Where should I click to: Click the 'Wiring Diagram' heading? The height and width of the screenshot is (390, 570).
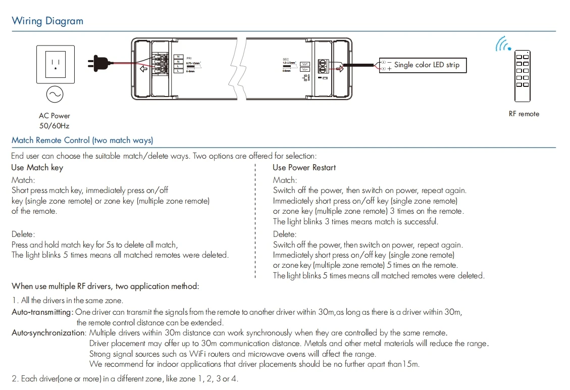click(x=47, y=21)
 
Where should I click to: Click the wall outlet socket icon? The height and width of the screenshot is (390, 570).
click(x=55, y=64)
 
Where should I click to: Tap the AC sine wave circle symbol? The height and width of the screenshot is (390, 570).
click(x=54, y=94)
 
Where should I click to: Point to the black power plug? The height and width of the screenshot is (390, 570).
click(x=98, y=63)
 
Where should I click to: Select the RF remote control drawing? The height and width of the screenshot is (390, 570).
click(x=522, y=76)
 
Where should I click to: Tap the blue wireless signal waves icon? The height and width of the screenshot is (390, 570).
click(x=502, y=44)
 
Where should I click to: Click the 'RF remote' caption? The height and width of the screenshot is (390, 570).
click(x=524, y=114)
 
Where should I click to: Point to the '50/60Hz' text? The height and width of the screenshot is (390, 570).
click(x=55, y=126)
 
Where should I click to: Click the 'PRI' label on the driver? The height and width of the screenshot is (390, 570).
click(x=189, y=59)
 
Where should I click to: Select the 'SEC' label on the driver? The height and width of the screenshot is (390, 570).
click(x=286, y=60)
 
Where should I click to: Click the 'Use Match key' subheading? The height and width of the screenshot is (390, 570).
click(x=37, y=168)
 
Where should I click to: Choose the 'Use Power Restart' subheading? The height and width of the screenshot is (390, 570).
click(x=304, y=168)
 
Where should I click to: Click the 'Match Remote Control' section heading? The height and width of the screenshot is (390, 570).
click(x=82, y=140)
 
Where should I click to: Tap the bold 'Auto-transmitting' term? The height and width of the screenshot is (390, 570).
click(x=42, y=312)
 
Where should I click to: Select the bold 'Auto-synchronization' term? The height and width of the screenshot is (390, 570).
click(x=48, y=333)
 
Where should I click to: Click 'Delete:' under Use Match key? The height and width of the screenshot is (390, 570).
click(x=24, y=234)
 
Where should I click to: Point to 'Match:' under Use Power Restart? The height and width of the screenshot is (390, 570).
click(x=285, y=180)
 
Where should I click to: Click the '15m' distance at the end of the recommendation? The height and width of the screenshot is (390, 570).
click(x=411, y=364)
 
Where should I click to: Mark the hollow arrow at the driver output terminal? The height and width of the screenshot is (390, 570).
click(x=339, y=68)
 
